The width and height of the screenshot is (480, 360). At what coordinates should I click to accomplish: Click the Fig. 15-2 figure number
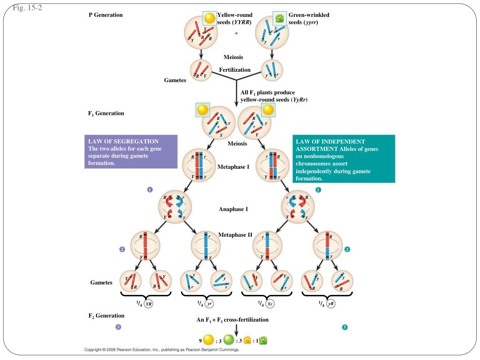click(27, 7)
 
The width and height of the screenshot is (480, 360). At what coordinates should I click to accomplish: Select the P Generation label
click(105, 15)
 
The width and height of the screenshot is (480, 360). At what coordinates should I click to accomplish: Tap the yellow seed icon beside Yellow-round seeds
click(210, 18)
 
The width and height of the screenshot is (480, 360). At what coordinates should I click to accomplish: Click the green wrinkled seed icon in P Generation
click(279, 18)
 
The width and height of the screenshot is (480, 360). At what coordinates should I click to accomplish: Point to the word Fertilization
click(235, 70)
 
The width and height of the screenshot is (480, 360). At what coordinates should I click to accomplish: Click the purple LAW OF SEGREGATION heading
click(123, 142)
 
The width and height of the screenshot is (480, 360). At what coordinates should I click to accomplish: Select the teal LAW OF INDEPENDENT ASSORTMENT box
click(344, 159)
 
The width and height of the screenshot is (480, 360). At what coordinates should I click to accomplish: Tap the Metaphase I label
click(233, 167)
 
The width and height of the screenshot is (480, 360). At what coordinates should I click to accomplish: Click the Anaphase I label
click(233, 209)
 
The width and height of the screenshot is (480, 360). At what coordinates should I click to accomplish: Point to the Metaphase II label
click(235, 235)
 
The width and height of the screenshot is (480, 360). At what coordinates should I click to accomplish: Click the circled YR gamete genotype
click(149, 304)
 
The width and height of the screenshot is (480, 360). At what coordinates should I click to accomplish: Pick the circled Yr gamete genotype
click(270, 304)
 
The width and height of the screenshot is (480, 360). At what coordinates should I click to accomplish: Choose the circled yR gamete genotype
click(330, 304)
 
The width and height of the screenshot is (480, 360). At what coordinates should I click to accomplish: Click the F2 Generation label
click(106, 315)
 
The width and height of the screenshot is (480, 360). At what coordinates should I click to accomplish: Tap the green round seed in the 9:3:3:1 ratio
click(229, 339)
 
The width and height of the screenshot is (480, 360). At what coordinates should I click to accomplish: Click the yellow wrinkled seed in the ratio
click(247, 340)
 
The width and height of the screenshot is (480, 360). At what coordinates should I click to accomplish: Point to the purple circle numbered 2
click(122, 249)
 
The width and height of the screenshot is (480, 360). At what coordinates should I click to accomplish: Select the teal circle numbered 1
click(318, 190)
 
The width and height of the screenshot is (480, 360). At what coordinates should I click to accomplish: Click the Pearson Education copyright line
click(162, 350)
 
